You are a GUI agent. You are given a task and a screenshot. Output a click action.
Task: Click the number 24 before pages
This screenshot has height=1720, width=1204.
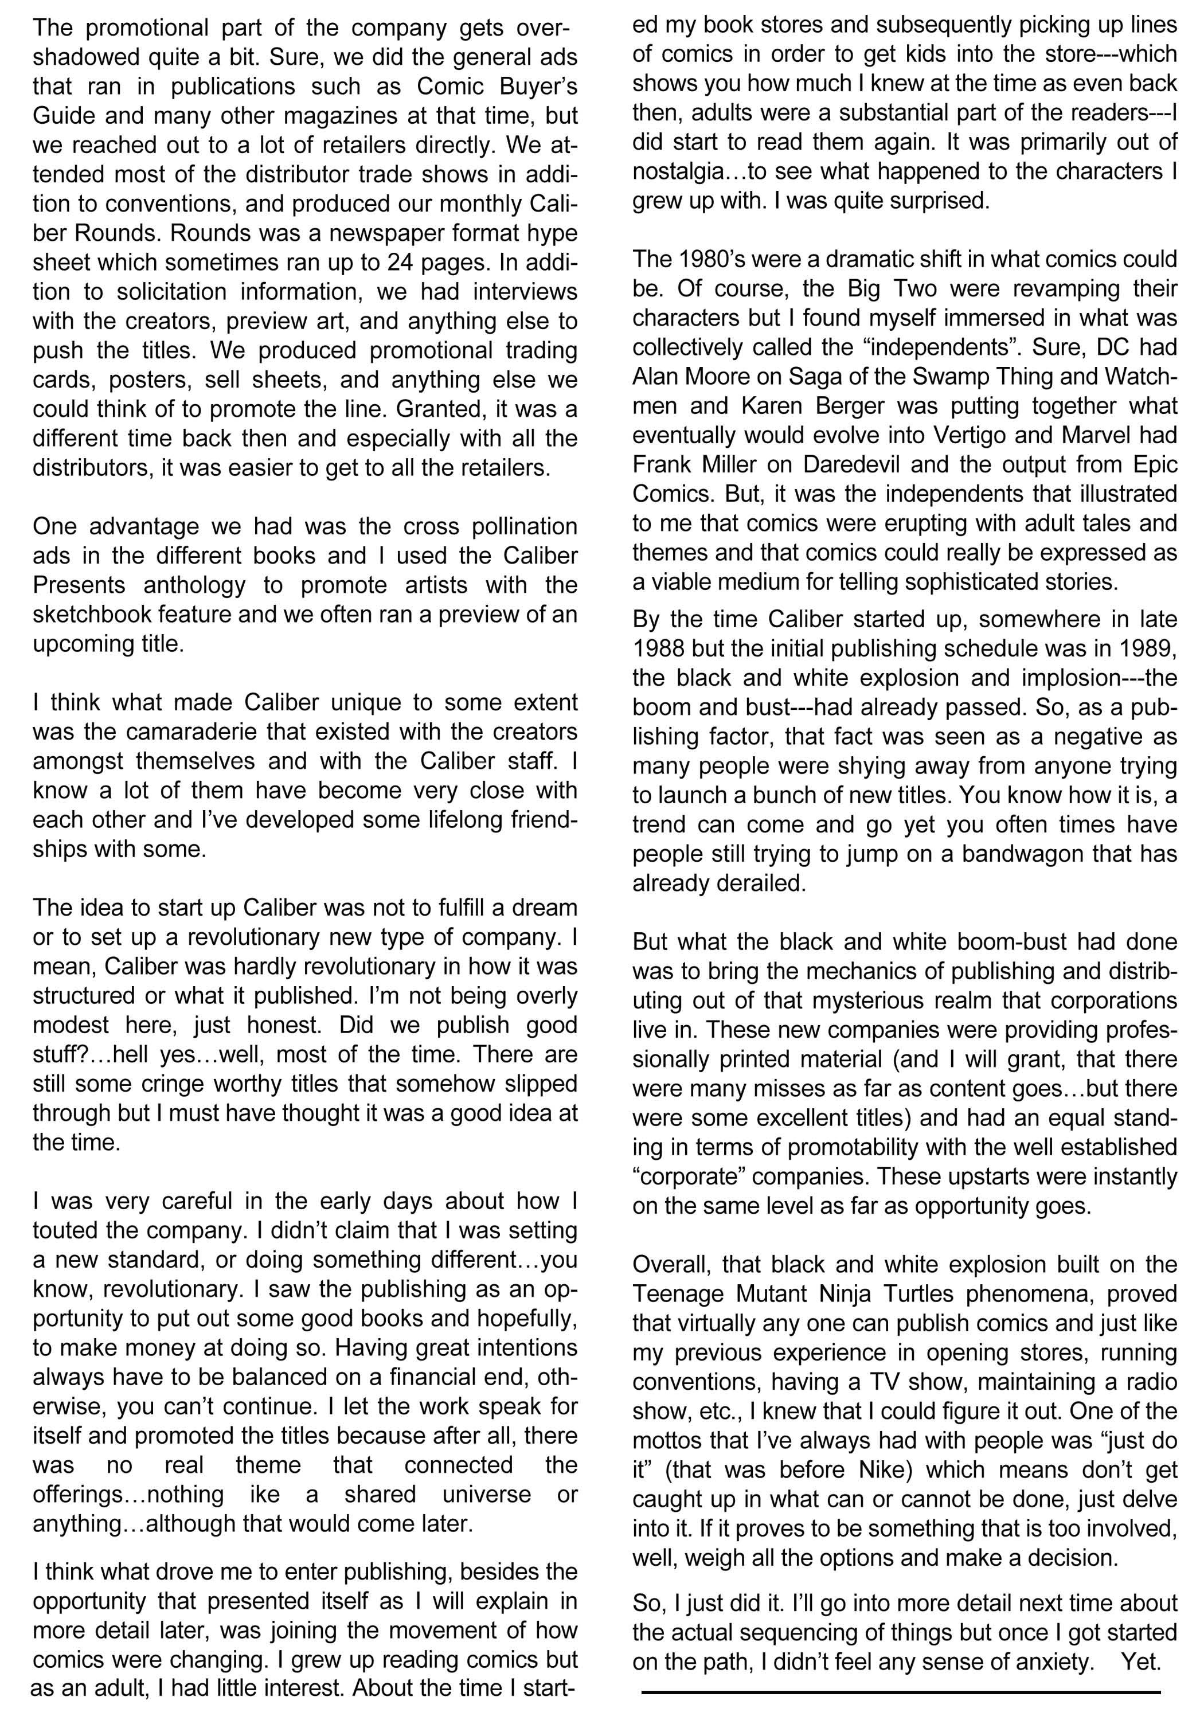(x=401, y=263)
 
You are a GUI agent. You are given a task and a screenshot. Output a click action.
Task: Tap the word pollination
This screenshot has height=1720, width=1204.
(x=525, y=527)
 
